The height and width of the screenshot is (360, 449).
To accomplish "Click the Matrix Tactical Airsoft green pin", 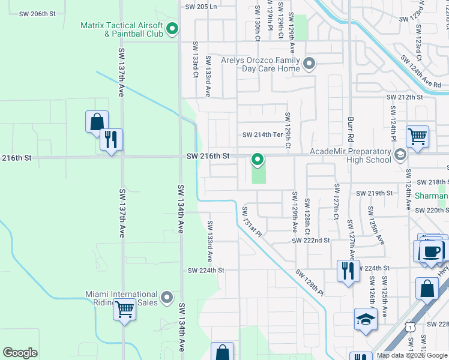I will [x=172, y=29].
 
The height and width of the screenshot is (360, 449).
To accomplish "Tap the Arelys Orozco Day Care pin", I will [x=309, y=64].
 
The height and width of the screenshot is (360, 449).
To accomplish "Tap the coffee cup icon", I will [x=432, y=250].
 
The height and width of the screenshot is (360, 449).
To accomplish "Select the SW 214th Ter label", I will [x=261, y=135].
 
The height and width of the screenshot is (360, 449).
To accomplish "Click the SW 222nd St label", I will [x=311, y=240].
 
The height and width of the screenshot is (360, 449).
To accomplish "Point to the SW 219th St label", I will [x=374, y=193].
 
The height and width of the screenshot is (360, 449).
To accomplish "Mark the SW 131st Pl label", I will [x=252, y=221].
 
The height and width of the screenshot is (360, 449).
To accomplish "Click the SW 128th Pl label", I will [x=310, y=283].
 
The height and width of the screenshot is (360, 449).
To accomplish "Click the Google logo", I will [x=20, y=353].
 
